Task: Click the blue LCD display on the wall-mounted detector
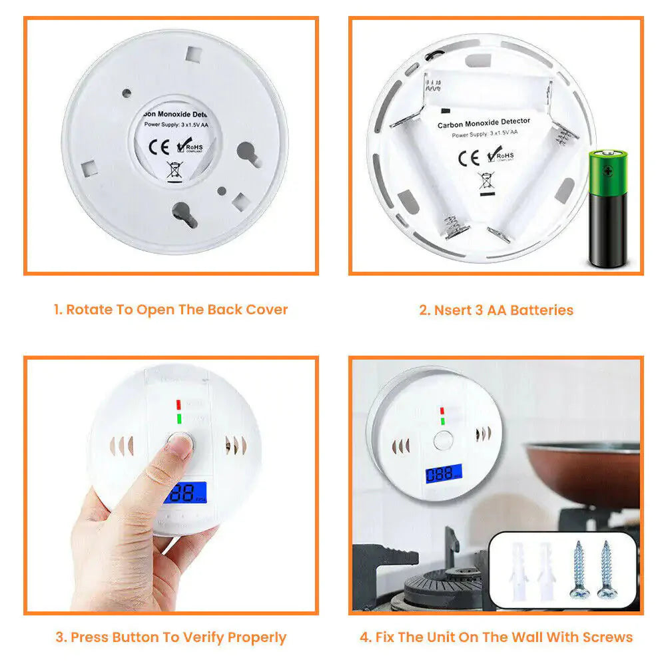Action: (x=444, y=474)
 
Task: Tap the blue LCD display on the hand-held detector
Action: (x=185, y=494)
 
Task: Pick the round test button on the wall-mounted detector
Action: (x=442, y=440)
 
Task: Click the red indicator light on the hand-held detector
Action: (x=178, y=404)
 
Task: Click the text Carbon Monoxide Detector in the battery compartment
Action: (x=484, y=123)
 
